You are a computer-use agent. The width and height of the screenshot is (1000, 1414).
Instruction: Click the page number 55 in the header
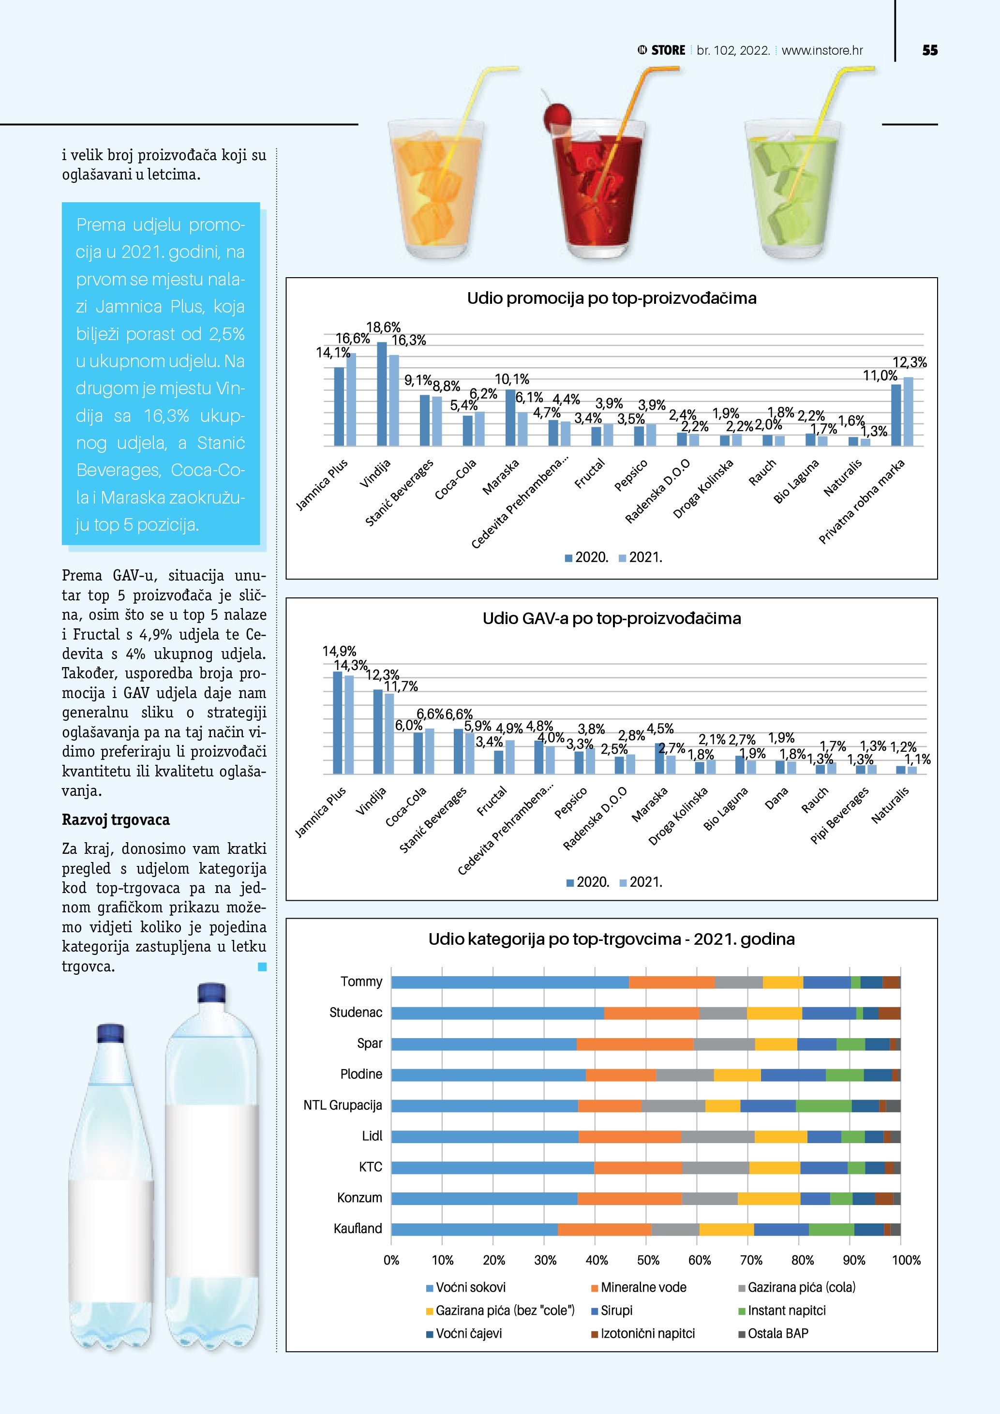click(x=930, y=50)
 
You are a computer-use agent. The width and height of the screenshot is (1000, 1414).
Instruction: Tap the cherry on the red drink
click(x=557, y=115)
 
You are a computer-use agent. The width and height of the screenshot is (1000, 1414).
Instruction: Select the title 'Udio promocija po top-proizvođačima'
click(x=612, y=298)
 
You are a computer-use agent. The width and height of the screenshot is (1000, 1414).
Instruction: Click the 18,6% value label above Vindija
click(x=383, y=327)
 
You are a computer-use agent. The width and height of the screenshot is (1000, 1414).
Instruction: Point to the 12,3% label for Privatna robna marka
click(x=910, y=363)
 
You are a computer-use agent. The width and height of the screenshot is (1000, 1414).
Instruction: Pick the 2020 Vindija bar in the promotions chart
click(x=382, y=394)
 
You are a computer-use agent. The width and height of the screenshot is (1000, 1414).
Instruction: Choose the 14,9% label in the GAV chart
click(x=339, y=651)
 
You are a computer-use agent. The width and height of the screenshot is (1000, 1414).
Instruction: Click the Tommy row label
click(x=361, y=982)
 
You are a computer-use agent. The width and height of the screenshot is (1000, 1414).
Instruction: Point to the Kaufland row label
click(x=358, y=1229)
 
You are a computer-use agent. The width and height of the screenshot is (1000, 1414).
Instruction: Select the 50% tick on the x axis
click(x=648, y=1260)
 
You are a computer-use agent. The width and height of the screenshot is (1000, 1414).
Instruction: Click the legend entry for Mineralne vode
click(x=643, y=1287)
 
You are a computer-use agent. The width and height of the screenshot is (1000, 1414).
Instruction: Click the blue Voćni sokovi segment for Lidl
click(x=485, y=1137)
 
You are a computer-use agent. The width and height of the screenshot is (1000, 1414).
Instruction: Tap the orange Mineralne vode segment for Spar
click(x=635, y=1044)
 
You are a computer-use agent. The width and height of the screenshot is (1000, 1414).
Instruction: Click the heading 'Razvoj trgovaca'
click(x=116, y=819)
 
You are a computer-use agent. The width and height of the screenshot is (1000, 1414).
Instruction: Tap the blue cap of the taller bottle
click(x=211, y=993)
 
